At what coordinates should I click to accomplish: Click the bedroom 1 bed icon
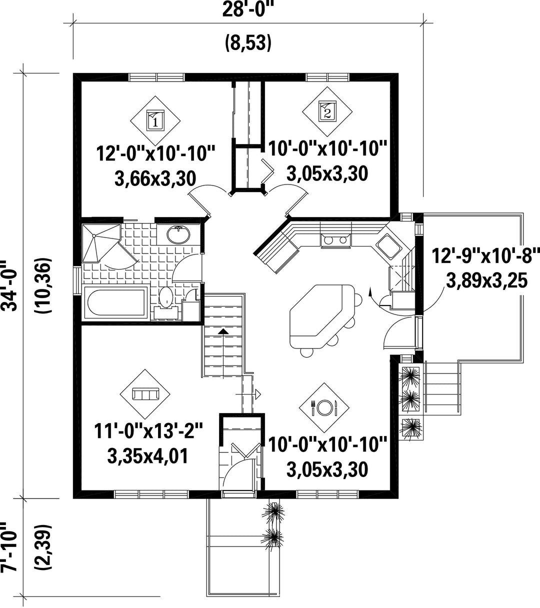[x=155, y=120]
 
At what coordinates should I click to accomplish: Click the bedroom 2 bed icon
[x=327, y=111]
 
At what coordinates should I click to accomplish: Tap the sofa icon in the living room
[x=145, y=394]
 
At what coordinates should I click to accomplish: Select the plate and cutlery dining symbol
[x=324, y=407]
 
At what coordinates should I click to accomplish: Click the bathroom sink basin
[x=178, y=235]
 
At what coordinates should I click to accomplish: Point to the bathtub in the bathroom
[x=116, y=303]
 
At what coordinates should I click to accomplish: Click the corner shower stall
[x=101, y=243]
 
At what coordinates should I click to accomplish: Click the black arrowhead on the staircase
[x=222, y=331]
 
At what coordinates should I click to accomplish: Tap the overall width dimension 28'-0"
[x=248, y=10]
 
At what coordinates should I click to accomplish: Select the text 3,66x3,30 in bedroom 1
[x=155, y=178]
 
